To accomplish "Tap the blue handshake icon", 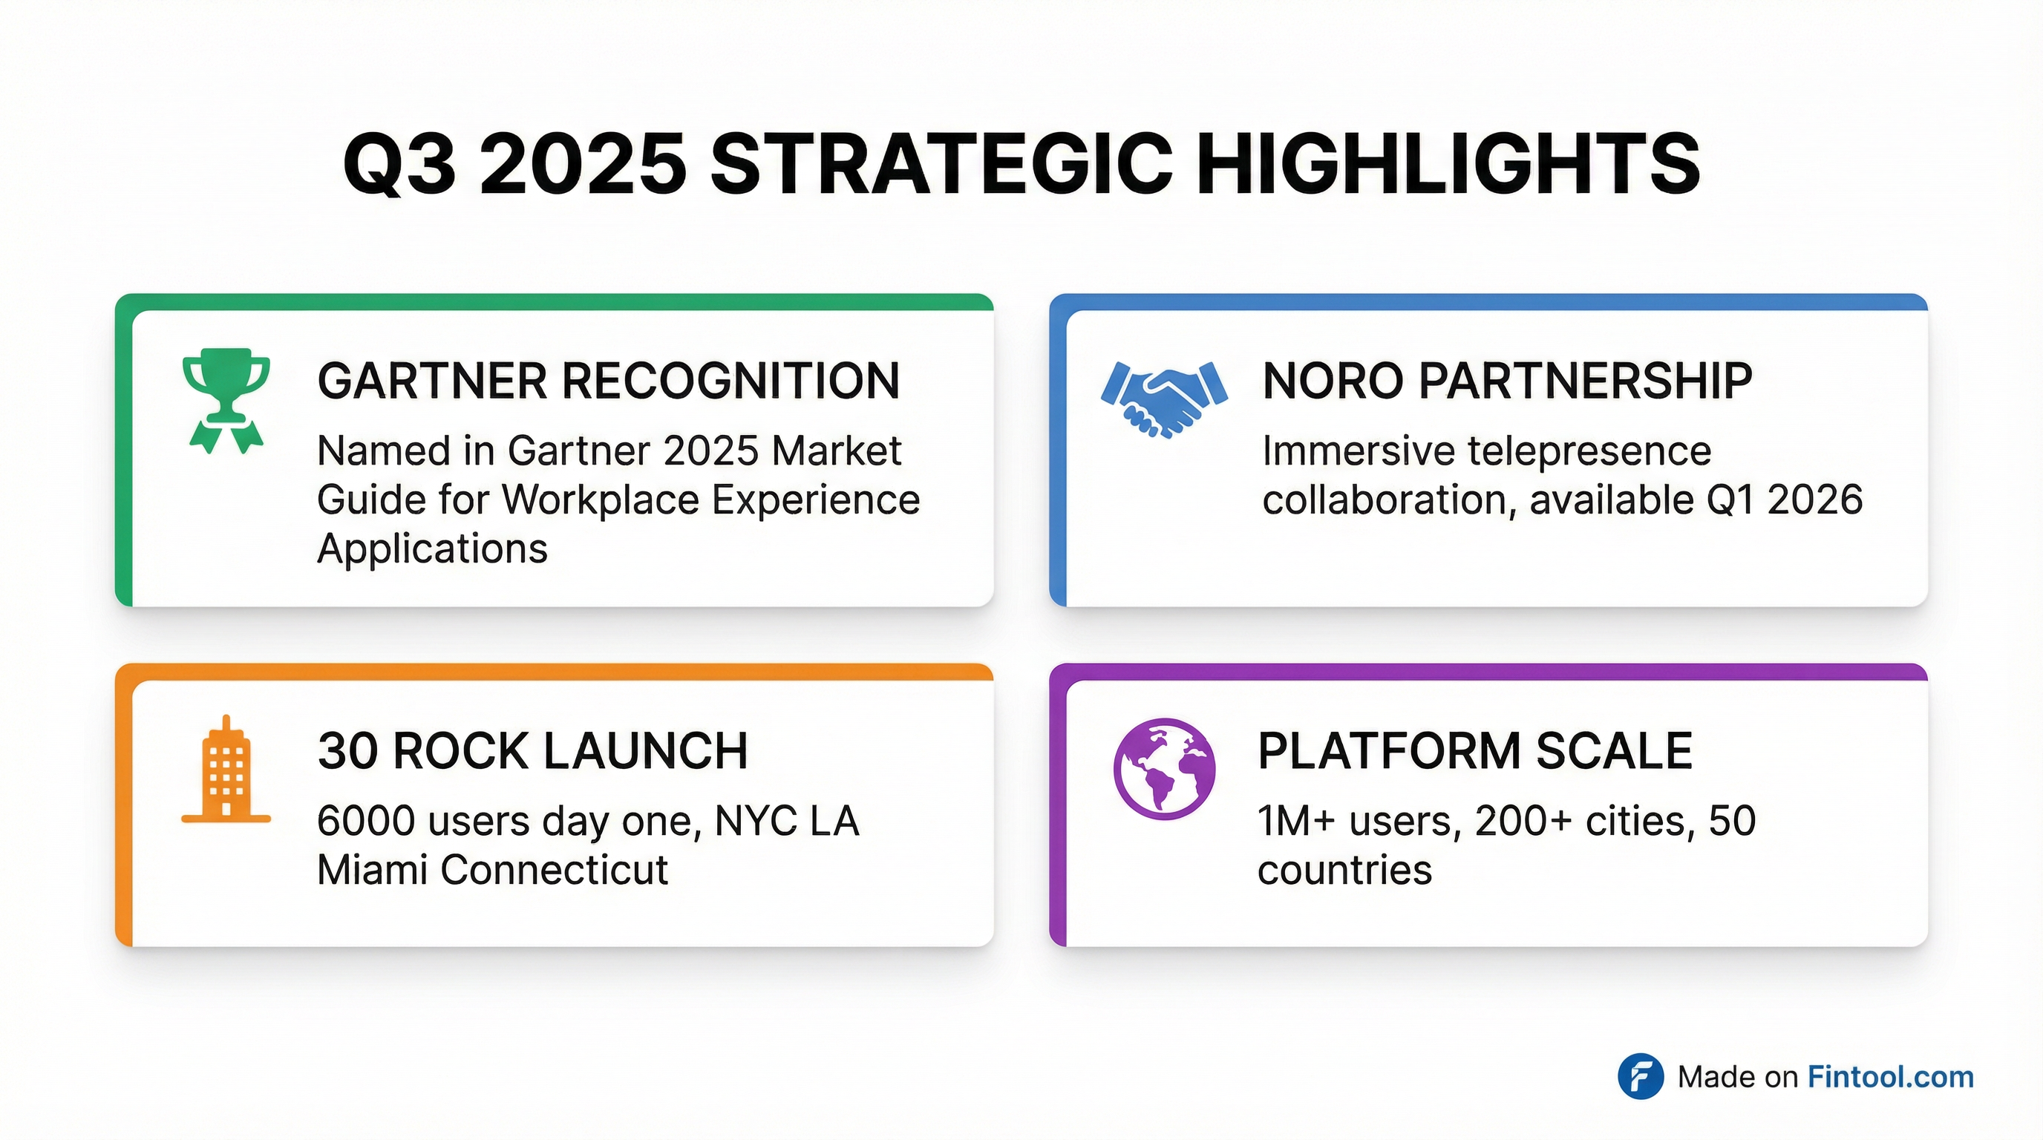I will (x=1164, y=399).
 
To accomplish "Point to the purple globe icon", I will (x=1163, y=768).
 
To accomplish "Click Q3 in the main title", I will (x=399, y=165).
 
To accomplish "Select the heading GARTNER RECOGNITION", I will (x=608, y=381).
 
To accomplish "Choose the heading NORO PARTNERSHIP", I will (x=1507, y=381).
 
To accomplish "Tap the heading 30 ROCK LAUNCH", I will (x=532, y=751).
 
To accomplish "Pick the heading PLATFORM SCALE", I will (x=1475, y=751).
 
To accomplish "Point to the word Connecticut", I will (x=554, y=871).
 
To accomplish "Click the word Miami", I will (x=372, y=871).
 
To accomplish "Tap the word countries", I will (x=1344, y=871).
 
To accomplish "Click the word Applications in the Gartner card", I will (x=432, y=548).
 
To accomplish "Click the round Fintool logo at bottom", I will (x=1640, y=1077).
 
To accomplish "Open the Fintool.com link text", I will (x=1890, y=1077).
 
